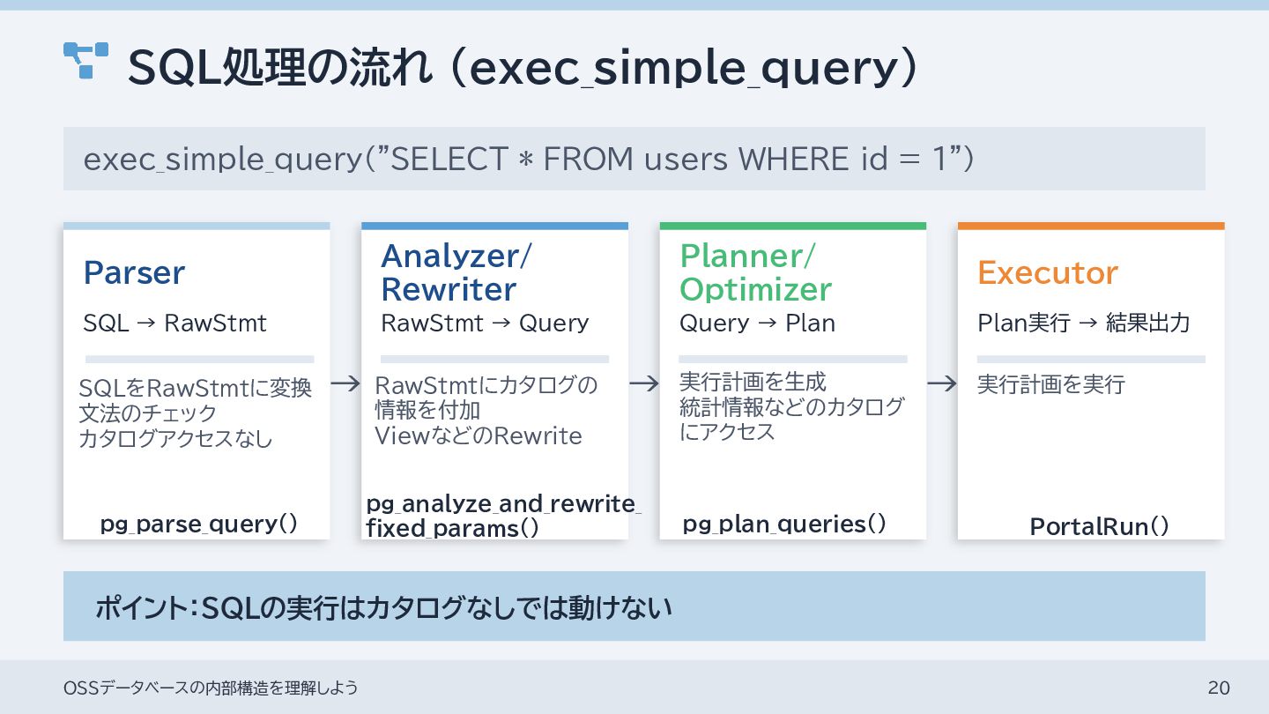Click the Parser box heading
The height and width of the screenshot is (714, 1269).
pyautogui.click(x=134, y=273)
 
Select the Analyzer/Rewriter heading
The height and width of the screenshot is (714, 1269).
pyautogui.click(x=456, y=272)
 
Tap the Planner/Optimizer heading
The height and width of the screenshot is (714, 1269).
pyautogui.click(x=755, y=272)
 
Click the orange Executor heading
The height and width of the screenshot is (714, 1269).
pyautogui.click(x=1047, y=273)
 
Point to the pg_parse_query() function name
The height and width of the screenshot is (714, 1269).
pyautogui.click(x=198, y=524)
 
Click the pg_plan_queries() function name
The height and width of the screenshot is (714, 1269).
pyautogui.click(x=783, y=524)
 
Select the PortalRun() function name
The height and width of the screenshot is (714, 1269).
pyautogui.click(x=1099, y=527)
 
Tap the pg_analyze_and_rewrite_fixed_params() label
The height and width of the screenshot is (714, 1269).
pyautogui.click(x=503, y=517)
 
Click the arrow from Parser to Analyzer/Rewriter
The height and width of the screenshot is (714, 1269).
pyautogui.click(x=345, y=383)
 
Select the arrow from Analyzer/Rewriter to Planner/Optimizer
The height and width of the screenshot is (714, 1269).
pyautogui.click(x=644, y=383)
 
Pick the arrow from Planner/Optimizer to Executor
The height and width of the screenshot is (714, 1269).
pyautogui.click(x=942, y=383)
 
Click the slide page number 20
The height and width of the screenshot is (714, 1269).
pyautogui.click(x=1219, y=688)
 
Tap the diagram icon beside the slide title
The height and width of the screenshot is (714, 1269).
pyautogui.click(x=85, y=60)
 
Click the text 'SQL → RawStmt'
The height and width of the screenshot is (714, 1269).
pyautogui.click(x=174, y=324)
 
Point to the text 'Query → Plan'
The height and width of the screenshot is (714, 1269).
pyautogui.click(x=757, y=324)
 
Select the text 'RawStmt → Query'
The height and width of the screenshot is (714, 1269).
pyautogui.click(x=484, y=324)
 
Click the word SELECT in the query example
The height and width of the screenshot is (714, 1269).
pyautogui.click(x=449, y=160)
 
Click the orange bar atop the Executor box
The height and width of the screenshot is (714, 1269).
pyautogui.click(x=1091, y=226)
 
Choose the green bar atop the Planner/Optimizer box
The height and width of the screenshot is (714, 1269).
pyautogui.click(x=792, y=226)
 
